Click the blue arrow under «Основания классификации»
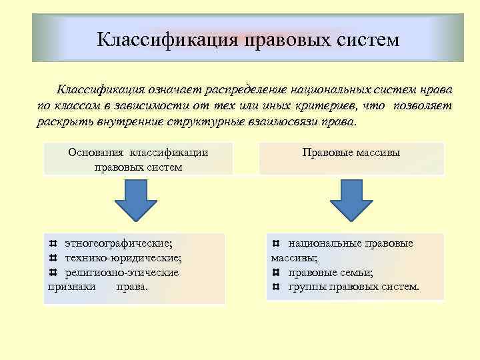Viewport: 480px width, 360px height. point(137,201)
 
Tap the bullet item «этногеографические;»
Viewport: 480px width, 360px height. point(123,243)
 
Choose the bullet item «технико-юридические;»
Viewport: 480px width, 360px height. point(123,258)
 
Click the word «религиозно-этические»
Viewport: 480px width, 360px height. point(121,273)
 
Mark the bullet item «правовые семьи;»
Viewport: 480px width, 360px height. point(331,273)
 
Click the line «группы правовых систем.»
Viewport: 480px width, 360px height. point(354,287)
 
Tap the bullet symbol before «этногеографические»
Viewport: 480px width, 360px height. point(53,243)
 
